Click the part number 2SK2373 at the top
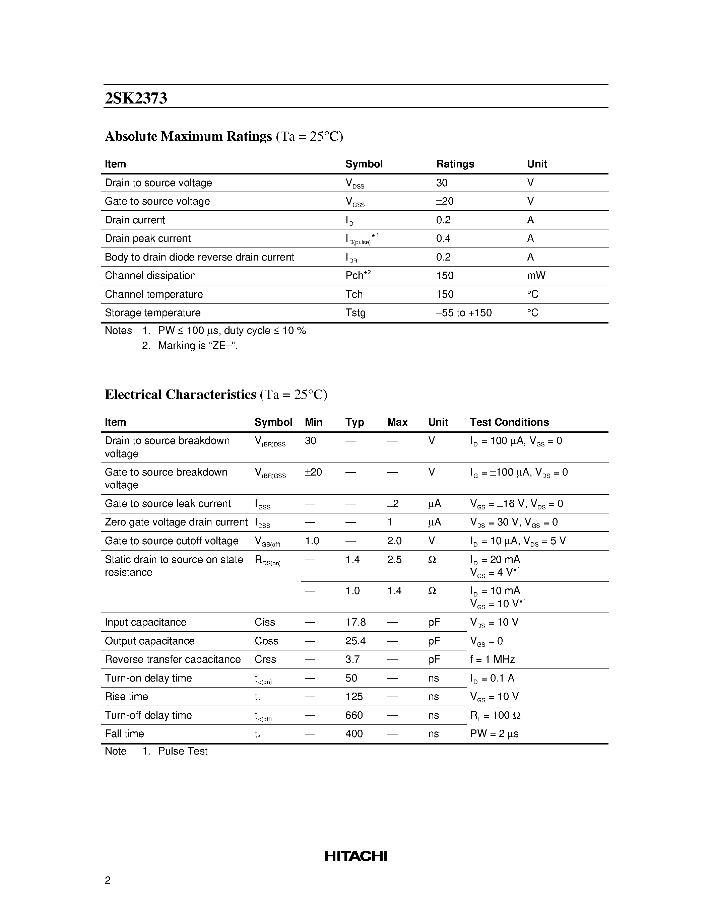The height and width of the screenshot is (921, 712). point(136,98)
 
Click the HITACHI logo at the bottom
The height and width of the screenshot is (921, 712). point(355,856)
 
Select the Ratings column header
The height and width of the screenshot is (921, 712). point(455,164)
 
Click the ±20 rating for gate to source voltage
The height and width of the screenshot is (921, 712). point(445,201)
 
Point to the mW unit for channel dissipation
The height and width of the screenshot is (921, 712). point(536,275)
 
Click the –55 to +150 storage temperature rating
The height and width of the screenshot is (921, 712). point(464,312)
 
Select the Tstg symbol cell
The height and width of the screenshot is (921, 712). point(355,312)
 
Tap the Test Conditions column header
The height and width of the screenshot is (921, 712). point(509,422)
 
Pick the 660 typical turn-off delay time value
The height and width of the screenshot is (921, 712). point(354,715)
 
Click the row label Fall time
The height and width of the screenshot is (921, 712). point(124,734)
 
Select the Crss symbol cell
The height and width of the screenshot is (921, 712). point(265,659)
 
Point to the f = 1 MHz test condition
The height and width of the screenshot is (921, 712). point(492,659)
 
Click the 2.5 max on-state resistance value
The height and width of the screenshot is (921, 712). point(394,560)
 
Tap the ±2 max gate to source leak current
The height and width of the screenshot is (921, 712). point(393,503)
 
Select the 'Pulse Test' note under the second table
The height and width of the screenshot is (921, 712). point(183,751)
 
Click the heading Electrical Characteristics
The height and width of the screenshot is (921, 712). point(181,394)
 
